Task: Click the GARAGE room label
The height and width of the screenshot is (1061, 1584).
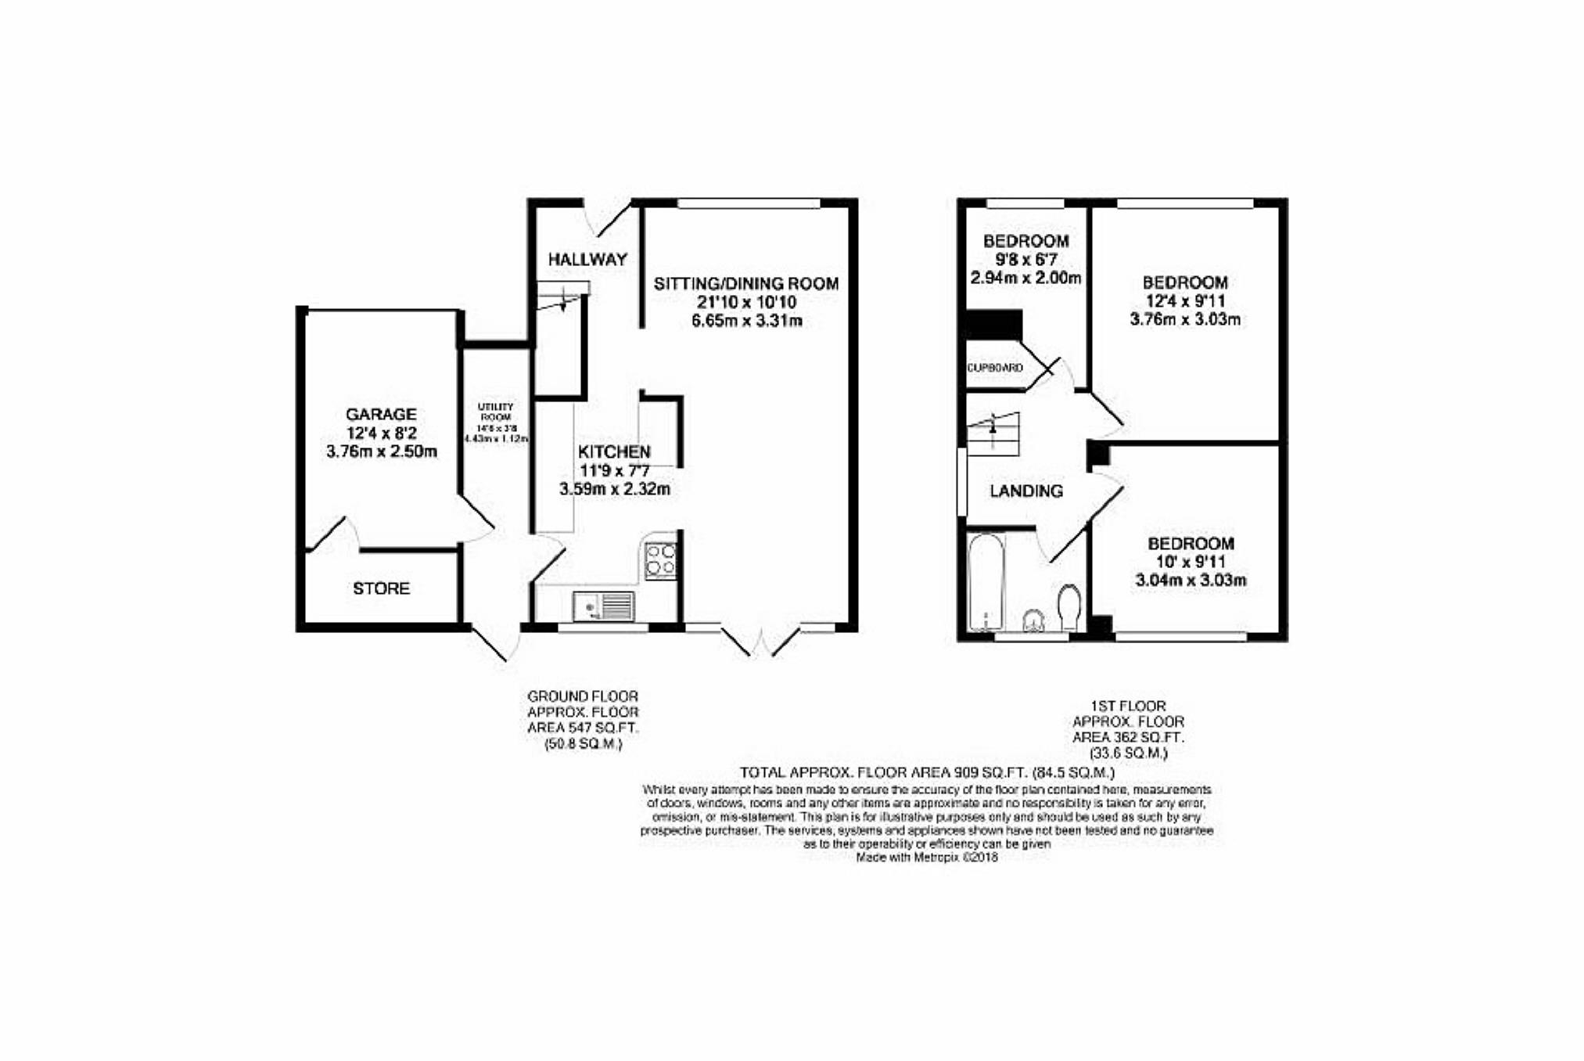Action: (381, 414)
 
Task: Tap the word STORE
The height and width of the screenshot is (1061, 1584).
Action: (381, 588)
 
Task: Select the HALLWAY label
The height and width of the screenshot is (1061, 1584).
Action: (587, 259)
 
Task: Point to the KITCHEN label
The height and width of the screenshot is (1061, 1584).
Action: (614, 451)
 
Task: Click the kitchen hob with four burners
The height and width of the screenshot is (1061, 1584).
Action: (660, 560)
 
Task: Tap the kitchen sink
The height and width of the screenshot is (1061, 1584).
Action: (603, 606)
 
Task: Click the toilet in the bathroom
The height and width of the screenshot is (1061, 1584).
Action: (1069, 608)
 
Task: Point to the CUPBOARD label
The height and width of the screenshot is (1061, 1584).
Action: (995, 368)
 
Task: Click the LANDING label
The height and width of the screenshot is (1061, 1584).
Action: (1026, 491)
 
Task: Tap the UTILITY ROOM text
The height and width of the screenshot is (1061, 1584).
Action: (496, 412)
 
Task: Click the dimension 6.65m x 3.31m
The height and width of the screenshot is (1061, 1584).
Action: (747, 321)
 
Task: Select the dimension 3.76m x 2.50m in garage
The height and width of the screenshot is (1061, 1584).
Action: (381, 451)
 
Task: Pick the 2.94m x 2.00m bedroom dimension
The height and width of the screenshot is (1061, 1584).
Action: (1025, 278)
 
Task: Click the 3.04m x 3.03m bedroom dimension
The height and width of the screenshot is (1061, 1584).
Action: (1191, 581)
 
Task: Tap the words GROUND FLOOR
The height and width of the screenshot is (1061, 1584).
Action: (583, 696)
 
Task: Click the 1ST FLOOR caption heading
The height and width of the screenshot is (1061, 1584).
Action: (1128, 706)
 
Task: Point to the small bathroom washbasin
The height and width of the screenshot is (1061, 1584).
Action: (1034, 621)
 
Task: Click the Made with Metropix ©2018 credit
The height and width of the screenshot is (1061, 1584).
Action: (927, 858)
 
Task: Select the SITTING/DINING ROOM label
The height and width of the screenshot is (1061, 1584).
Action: (746, 283)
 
